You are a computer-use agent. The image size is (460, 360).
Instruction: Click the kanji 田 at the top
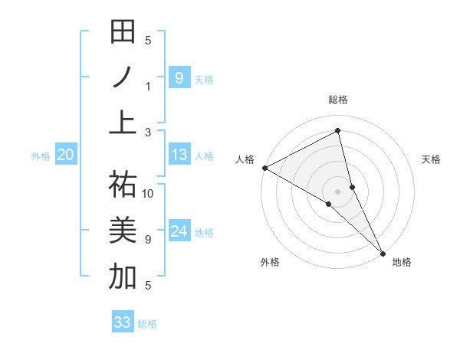point(123,33)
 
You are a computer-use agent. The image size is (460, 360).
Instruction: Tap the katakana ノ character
point(123,77)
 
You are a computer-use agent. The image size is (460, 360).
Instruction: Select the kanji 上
point(123,122)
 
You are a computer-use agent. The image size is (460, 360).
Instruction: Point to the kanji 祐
point(123,185)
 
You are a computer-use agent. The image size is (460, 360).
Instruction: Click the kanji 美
point(123,231)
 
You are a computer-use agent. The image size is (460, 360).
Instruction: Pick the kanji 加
point(123,276)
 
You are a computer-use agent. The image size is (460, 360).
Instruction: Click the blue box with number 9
point(179,77)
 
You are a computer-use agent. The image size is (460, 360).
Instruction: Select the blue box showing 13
point(179,155)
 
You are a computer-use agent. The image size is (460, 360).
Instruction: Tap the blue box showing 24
point(179,231)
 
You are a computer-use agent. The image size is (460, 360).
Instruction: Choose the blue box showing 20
point(65,155)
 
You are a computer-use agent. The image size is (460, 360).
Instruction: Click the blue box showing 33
point(123,322)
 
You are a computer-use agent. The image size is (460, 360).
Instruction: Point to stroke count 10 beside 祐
point(149,193)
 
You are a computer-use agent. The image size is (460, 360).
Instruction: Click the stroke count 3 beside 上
point(149,132)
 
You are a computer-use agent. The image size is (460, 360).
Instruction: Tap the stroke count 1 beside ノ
point(149,86)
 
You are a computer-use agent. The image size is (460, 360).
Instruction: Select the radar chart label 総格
point(338,100)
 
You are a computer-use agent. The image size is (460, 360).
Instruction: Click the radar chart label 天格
point(432,159)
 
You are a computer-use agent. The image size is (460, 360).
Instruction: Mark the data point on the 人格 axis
point(264,168)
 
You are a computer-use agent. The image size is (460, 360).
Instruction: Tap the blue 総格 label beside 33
point(147,324)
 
